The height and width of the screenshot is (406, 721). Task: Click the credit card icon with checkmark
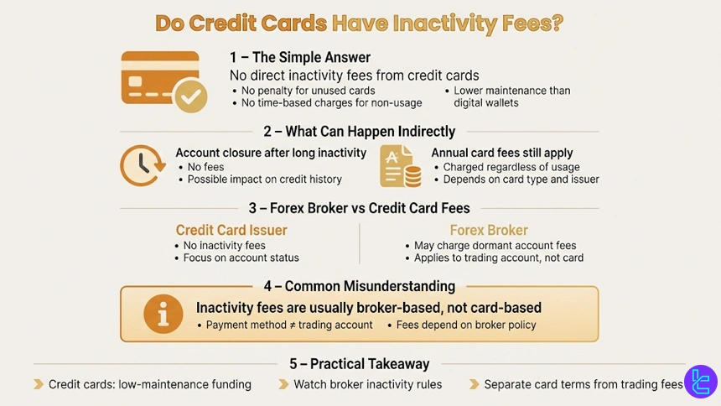(x=163, y=81)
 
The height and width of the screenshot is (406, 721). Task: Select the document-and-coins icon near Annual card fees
(x=399, y=165)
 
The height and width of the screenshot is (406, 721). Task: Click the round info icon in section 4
(x=163, y=314)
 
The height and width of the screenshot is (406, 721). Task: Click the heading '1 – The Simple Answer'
(x=300, y=58)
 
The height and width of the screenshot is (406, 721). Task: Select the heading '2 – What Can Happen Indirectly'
(x=359, y=132)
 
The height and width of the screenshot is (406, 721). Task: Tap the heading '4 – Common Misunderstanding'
(x=359, y=286)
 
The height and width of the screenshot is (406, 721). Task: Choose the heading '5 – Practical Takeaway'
(x=359, y=364)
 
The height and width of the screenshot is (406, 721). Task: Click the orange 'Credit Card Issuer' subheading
(x=231, y=230)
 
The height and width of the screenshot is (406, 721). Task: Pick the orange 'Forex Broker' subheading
(x=489, y=230)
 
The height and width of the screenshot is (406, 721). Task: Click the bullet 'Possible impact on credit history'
(x=264, y=180)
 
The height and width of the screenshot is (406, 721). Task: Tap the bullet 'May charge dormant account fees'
(x=495, y=246)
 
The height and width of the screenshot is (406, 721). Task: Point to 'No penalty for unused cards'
(x=308, y=91)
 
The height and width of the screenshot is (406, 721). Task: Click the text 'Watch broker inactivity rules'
(x=367, y=384)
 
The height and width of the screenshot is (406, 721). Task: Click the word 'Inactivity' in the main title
(x=447, y=23)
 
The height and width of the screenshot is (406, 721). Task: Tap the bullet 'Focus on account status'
(x=241, y=258)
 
